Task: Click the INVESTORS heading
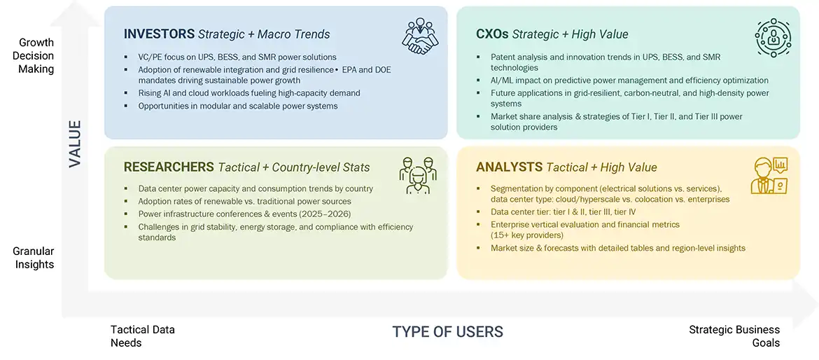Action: click(x=160, y=34)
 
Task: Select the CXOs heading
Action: click(x=492, y=34)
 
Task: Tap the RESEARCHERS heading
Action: click(x=169, y=167)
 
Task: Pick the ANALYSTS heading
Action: click(x=509, y=167)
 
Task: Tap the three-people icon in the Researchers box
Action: click(x=417, y=174)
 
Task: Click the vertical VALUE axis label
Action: click(x=75, y=144)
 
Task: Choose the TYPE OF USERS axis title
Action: click(x=447, y=331)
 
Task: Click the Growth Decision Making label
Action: click(x=36, y=56)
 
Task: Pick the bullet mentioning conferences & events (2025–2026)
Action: click(x=244, y=214)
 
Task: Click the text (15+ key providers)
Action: click(x=527, y=235)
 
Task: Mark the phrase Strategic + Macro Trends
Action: click(x=264, y=34)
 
